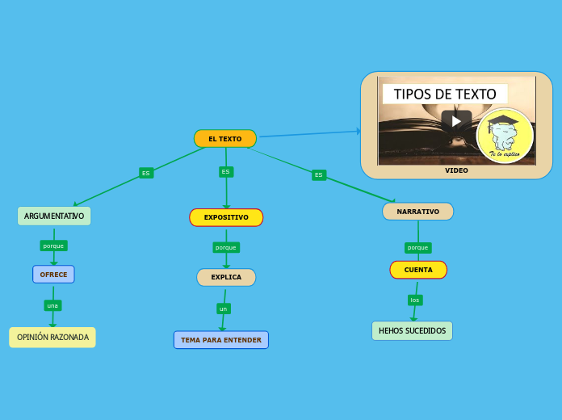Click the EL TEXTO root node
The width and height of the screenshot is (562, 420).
coord(225,139)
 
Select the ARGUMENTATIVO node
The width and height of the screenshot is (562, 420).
coord(54,216)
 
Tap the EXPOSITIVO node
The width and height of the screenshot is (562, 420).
coord(226,217)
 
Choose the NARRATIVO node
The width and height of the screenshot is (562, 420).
coord(417,212)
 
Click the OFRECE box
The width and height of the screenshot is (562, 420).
coord(53,275)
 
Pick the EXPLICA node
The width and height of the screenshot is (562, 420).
coord(226,277)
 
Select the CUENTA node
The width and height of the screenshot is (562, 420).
coord(418,270)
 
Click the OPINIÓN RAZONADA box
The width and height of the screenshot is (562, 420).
coord(52,337)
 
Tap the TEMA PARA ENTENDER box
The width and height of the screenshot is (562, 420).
coord(221,340)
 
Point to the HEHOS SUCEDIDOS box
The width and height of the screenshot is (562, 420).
coord(412,331)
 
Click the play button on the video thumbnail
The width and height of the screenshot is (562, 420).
coord(456,121)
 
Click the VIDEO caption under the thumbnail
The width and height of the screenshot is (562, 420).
coord(456,170)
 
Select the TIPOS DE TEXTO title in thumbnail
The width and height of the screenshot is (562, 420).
coord(445,94)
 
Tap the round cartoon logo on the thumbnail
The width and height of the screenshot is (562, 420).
coord(505,136)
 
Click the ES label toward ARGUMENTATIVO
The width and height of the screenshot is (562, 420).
coord(146,173)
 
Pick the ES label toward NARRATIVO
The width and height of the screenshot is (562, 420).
coord(319,174)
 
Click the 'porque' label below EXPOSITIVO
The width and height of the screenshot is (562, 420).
coord(226,247)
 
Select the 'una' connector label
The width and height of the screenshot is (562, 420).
coord(52,305)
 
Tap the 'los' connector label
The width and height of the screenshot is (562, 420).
coord(415,300)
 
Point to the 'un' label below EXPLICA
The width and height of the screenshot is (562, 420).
coord(224,309)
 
